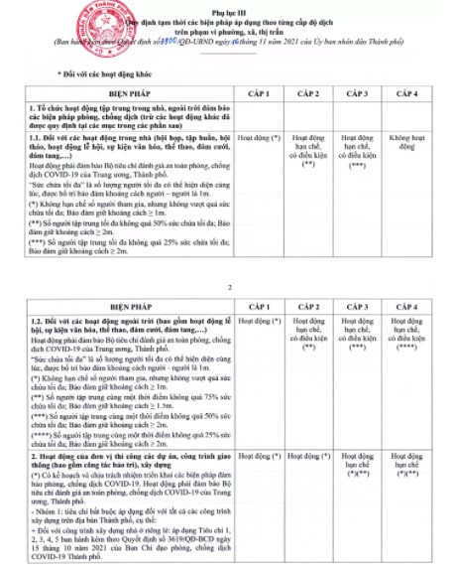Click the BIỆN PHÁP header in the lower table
click(139, 308)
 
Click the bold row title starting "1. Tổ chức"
click(139, 114)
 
